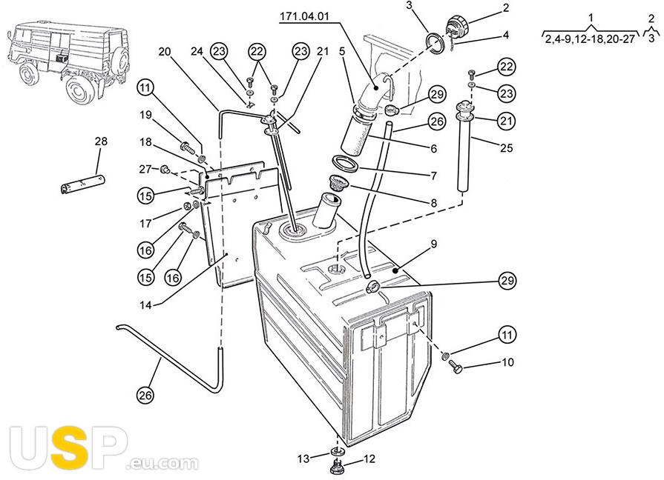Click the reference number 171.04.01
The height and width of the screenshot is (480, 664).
point(304,16)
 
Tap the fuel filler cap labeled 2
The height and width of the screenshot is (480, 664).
point(456,26)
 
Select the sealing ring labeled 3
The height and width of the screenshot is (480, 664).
point(435,43)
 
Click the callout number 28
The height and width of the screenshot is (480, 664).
point(101,141)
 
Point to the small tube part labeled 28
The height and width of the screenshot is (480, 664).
point(82,184)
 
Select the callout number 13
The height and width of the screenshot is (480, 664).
point(303,459)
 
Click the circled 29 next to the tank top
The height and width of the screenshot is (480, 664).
point(507,281)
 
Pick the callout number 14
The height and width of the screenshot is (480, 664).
point(145,305)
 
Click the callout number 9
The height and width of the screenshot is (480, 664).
point(433,244)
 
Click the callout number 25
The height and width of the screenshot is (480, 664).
point(507,147)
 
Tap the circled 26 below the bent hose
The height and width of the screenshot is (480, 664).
point(145,396)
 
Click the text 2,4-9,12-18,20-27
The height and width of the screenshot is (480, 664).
point(591,39)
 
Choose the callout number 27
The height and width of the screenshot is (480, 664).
point(145,169)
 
